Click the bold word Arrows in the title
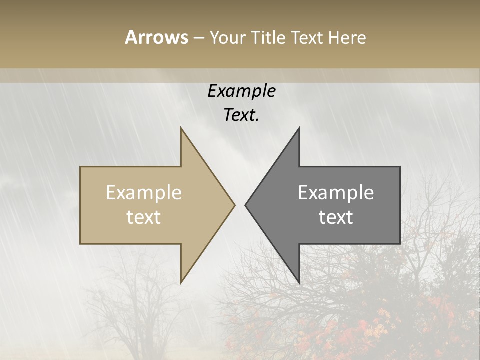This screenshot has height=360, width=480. click(x=156, y=37)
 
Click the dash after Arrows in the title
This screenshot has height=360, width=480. click(x=198, y=38)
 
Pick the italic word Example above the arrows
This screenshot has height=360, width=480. click(x=241, y=91)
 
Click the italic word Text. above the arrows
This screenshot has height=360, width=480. click(x=241, y=115)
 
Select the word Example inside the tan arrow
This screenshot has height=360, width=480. click(x=144, y=192)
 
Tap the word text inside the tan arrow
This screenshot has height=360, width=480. click(x=144, y=217)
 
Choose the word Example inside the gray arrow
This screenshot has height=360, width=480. click(x=336, y=192)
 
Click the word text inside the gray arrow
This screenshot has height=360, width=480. click(x=336, y=217)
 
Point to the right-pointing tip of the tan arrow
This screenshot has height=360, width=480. click(x=234, y=205)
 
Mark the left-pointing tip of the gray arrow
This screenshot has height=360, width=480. click(x=245, y=205)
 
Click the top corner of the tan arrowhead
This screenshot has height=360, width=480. click(x=181, y=128)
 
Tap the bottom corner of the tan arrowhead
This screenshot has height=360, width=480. click(x=181, y=283)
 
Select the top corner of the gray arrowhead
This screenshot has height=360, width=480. click(x=299, y=128)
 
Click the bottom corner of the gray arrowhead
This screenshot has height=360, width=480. click(x=299, y=283)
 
